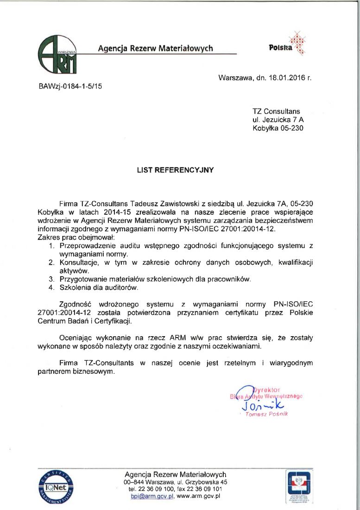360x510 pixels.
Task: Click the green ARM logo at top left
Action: (x=57, y=54)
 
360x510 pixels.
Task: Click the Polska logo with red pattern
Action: (x=288, y=44)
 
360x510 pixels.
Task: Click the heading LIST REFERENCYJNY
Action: (x=175, y=170)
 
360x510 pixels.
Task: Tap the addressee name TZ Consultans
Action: (x=276, y=111)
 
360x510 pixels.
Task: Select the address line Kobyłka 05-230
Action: (x=278, y=128)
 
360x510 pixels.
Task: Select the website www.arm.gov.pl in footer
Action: (x=198, y=496)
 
